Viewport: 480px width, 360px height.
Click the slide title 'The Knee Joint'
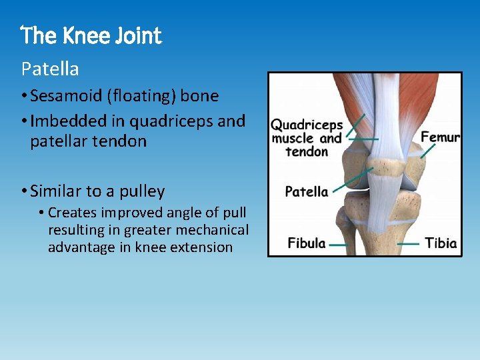coord(91,35)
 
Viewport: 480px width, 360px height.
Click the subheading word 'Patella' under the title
coord(50,69)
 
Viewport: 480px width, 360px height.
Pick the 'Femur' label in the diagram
coord(440,137)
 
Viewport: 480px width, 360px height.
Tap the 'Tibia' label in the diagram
coord(441,243)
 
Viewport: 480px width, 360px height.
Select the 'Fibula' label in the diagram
coord(307,243)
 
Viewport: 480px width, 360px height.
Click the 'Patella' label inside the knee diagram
coord(307,192)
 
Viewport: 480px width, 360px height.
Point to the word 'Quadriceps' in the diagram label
coord(307,125)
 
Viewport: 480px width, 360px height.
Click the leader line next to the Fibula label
coord(338,244)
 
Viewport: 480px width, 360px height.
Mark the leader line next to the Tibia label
coord(409,244)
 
